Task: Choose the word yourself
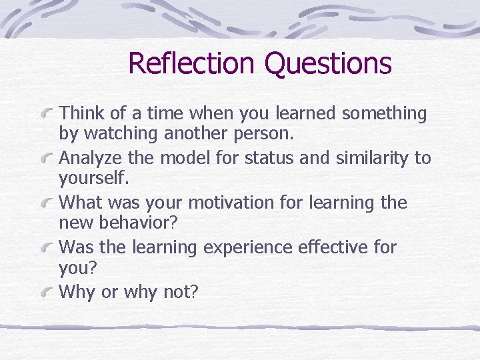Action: pyautogui.click(x=91, y=178)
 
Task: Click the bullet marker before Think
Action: pyautogui.click(x=47, y=114)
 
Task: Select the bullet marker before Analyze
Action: pyautogui.click(x=47, y=159)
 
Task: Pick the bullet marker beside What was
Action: pyautogui.click(x=47, y=203)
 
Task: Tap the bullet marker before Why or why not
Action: pyautogui.click(x=47, y=293)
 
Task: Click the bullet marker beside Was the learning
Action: pyautogui.click(x=47, y=248)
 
